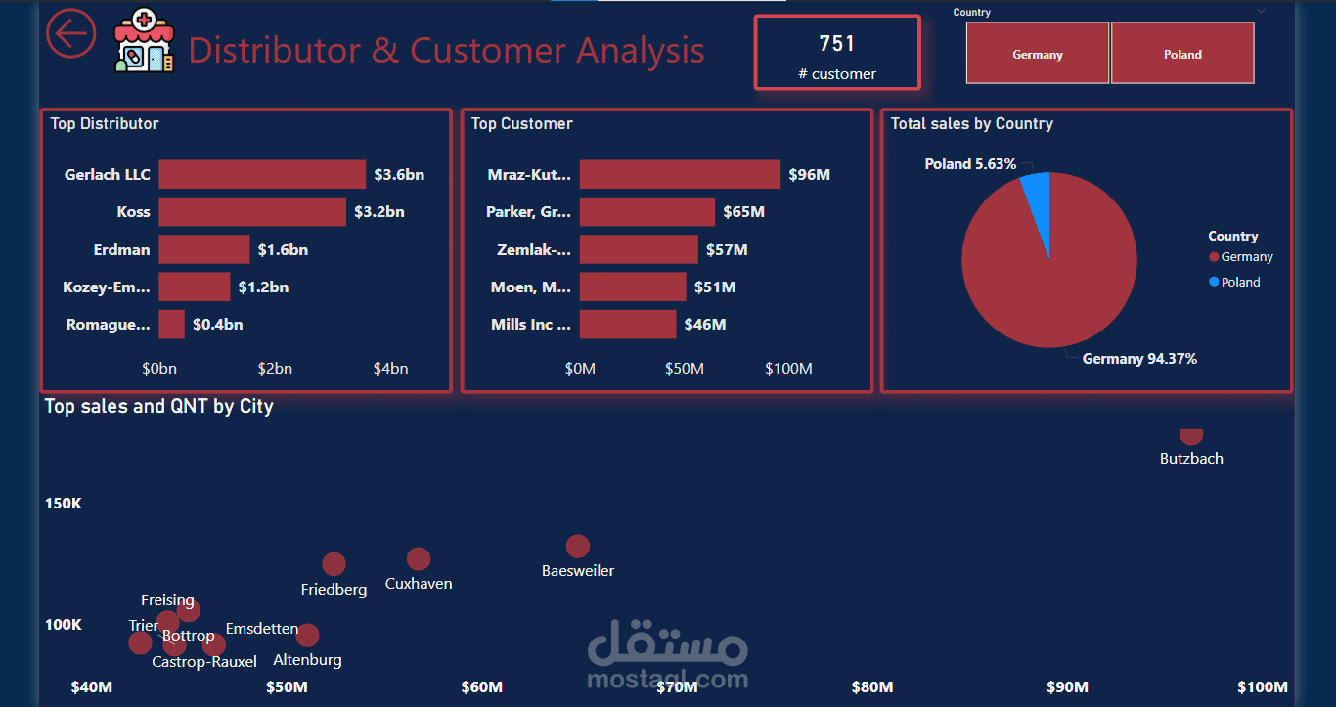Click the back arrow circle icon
(x=71, y=33)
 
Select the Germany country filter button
(x=1038, y=54)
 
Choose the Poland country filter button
(x=1182, y=54)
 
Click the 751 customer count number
(x=837, y=43)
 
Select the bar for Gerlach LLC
(x=262, y=174)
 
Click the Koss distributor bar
(x=252, y=211)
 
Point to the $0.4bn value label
(x=217, y=324)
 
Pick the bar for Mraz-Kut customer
(x=680, y=174)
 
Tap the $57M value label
(x=727, y=249)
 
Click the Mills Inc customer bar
(x=627, y=324)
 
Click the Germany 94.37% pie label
(x=1139, y=359)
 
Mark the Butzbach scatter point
(x=1190, y=436)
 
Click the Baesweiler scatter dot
(x=578, y=546)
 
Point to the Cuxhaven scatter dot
(x=419, y=558)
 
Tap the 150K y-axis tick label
(x=64, y=503)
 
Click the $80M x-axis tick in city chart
(x=871, y=686)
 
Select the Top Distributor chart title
(x=105, y=124)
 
